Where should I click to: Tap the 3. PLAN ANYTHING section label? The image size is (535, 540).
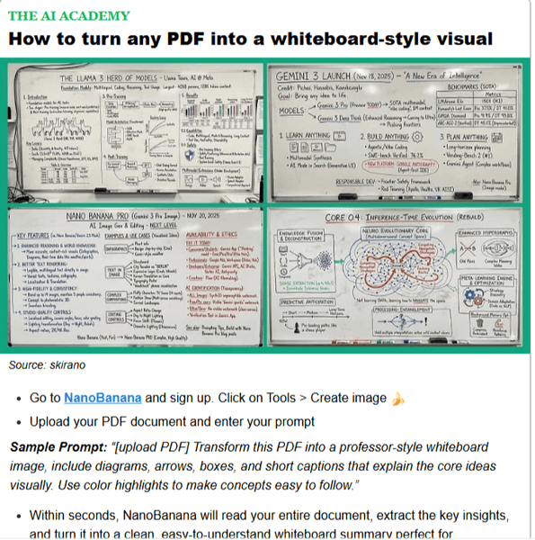tap(476, 134)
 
